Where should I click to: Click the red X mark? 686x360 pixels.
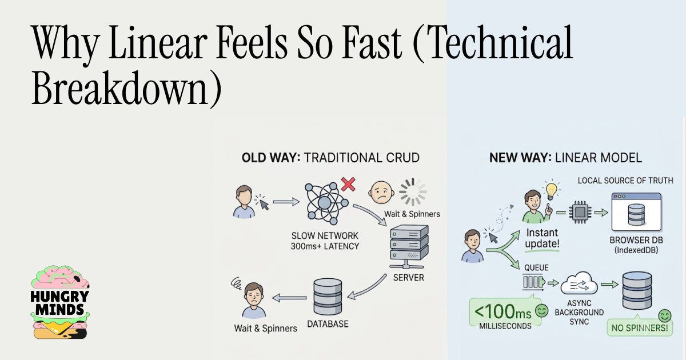[348, 184]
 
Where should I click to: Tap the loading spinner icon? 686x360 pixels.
[413, 192]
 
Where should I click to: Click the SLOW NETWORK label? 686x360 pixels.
[325, 235]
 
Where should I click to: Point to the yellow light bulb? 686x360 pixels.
[552, 190]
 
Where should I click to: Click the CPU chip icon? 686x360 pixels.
[580, 212]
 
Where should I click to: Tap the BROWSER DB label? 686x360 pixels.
[636, 240]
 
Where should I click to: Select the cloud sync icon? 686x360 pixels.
[579, 284]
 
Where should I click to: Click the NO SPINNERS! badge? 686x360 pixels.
[640, 328]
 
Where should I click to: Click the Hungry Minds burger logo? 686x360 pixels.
[60, 302]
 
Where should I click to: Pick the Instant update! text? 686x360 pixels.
[542, 238]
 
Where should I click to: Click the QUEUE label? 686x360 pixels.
[536, 267]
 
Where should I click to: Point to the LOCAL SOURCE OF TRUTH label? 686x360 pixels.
[625, 181]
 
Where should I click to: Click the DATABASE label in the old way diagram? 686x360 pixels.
[328, 324]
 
